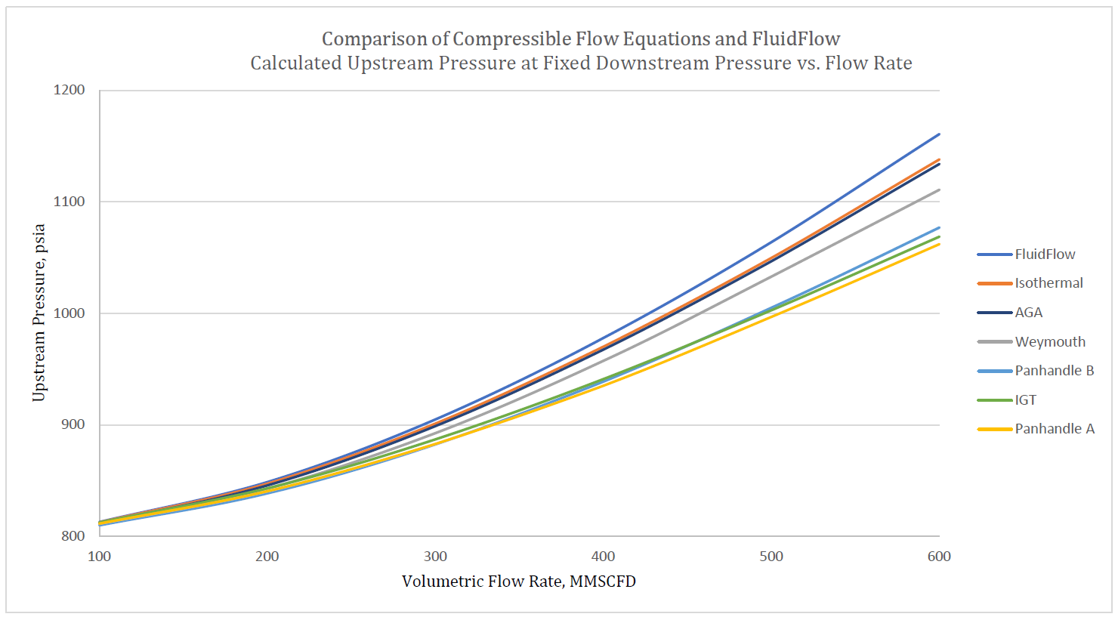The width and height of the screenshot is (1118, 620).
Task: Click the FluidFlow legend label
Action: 1044,254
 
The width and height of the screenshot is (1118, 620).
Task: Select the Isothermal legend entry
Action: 1048,283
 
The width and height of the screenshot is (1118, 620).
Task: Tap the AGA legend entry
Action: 1028,313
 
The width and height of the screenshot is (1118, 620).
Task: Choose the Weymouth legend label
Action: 1049,342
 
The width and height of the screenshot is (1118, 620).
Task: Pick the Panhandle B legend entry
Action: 1054,371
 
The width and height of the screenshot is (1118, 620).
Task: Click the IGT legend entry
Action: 1025,400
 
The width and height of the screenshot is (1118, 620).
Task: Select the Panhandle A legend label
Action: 1054,429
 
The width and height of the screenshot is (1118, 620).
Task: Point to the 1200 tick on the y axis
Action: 69,90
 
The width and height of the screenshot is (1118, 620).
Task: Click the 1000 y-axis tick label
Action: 69,313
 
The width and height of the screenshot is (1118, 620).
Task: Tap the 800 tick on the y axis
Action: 73,536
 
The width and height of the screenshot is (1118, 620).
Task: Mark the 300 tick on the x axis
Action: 435,557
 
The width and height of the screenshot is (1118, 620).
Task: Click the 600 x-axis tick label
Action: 939,557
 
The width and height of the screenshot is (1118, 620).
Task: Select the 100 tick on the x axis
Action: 99,557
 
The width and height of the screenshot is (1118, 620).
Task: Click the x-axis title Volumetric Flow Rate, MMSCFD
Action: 518,581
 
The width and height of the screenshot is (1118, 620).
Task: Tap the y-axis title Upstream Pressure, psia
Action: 39,313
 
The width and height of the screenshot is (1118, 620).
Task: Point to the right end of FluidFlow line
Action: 939,134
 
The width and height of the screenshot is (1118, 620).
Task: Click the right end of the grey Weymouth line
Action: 939,190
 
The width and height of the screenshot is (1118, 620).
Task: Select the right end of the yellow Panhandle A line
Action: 939,244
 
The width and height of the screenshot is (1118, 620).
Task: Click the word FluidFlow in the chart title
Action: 795,39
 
